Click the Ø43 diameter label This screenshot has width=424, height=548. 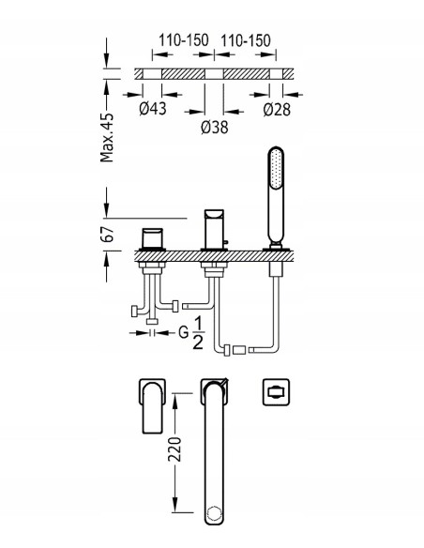tap(153, 109)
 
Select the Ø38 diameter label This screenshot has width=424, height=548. tap(215, 128)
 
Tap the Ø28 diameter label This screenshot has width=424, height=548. tap(277, 110)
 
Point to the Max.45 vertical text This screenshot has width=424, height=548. tap(107, 138)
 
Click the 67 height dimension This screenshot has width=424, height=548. tap(107, 235)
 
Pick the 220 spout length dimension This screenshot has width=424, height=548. tap(174, 449)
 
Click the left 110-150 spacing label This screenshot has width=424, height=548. tap(184, 40)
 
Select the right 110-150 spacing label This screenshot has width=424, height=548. tap(246, 40)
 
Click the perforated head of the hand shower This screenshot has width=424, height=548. tap(276, 169)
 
